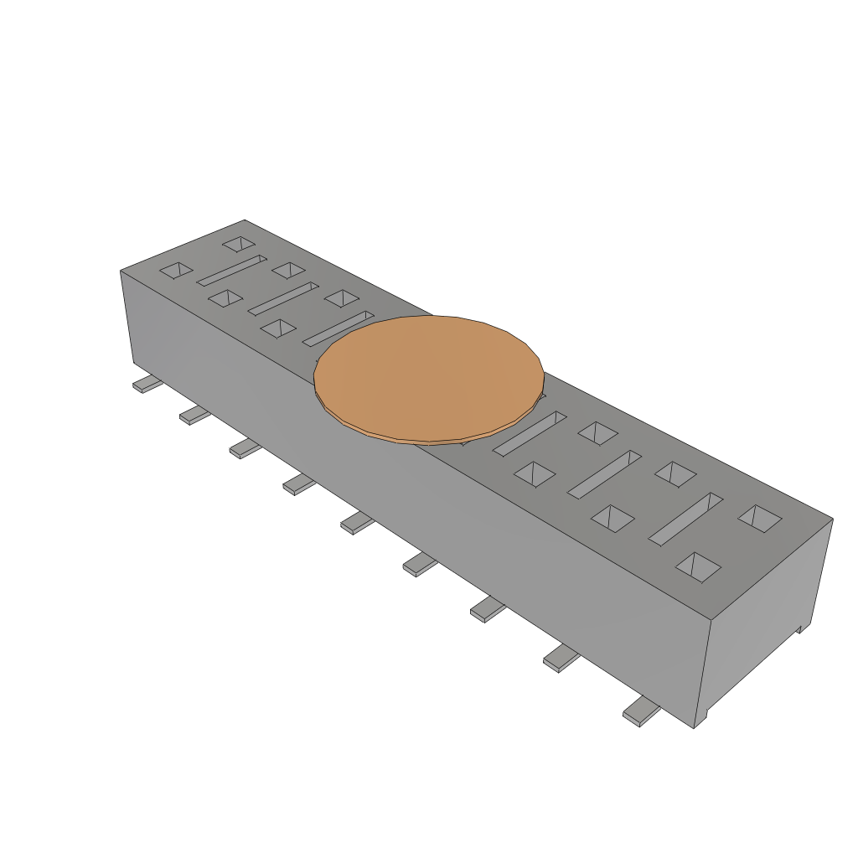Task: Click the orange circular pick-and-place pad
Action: [x=429, y=377]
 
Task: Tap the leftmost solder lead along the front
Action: [x=147, y=385]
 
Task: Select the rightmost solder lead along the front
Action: [x=641, y=711]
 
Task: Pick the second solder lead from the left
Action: [x=194, y=415]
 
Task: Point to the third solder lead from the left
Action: [x=246, y=448]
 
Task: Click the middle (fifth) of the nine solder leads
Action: [x=357, y=523]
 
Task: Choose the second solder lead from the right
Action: [x=561, y=659]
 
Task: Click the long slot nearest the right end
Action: [x=685, y=518]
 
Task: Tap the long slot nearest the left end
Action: [x=231, y=270]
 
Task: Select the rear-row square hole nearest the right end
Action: [x=760, y=518]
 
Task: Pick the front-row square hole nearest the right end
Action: [x=698, y=566]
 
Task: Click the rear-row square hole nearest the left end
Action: [x=239, y=244]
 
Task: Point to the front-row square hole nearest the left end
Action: [x=176, y=270]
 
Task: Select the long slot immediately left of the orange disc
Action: [x=338, y=328]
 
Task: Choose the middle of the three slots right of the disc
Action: [x=604, y=473]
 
